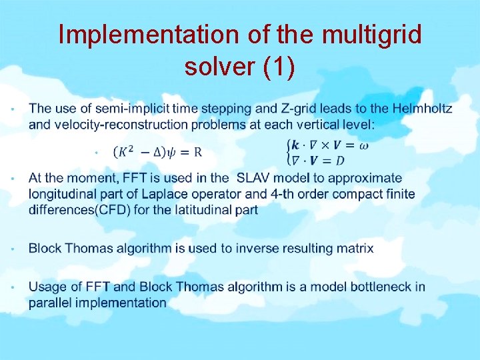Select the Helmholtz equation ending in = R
click(x=158, y=152)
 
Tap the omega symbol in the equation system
click(x=363, y=145)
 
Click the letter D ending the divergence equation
click(x=339, y=160)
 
